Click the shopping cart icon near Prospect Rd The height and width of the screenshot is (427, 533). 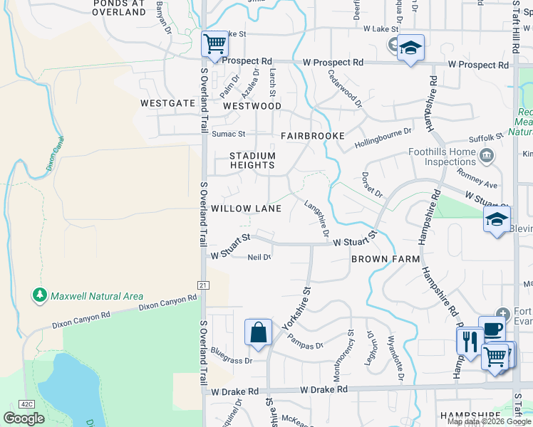click(x=214, y=44)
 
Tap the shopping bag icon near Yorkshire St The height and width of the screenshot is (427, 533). click(x=258, y=332)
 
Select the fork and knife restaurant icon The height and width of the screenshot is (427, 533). click(x=470, y=342)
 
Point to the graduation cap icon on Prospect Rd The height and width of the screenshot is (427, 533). click(x=410, y=48)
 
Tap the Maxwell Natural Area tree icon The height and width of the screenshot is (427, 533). click(x=40, y=295)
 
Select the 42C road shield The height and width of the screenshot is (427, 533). click(x=26, y=404)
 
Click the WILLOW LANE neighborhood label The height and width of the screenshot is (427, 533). click(x=246, y=209)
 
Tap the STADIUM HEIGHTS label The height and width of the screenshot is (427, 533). click(x=252, y=160)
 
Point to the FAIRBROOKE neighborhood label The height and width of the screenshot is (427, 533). click(x=312, y=135)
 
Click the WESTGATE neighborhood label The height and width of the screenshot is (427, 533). click(x=167, y=103)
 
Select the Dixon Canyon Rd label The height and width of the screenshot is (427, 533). click(x=167, y=304)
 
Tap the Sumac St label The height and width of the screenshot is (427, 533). click(x=228, y=134)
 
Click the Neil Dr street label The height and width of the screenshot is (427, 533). click(x=259, y=258)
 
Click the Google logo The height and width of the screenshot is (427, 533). click(x=24, y=418)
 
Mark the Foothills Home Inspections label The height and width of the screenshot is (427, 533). click(x=441, y=157)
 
